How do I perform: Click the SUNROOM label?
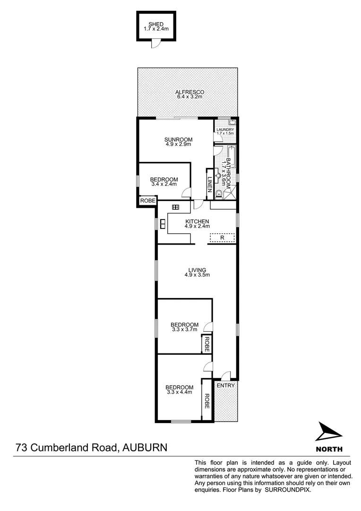coord(178,139)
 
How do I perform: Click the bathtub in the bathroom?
coord(232,156)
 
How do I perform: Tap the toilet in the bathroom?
coord(218,193)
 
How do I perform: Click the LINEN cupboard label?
coord(210,184)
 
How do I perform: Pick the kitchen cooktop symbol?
coord(176,207)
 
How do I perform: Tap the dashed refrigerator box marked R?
coord(222,238)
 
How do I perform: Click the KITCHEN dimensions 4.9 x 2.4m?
coord(197,226)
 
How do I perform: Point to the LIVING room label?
coord(197,270)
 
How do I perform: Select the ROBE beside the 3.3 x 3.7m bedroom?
coord(206,344)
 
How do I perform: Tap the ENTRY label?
coord(226,386)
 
